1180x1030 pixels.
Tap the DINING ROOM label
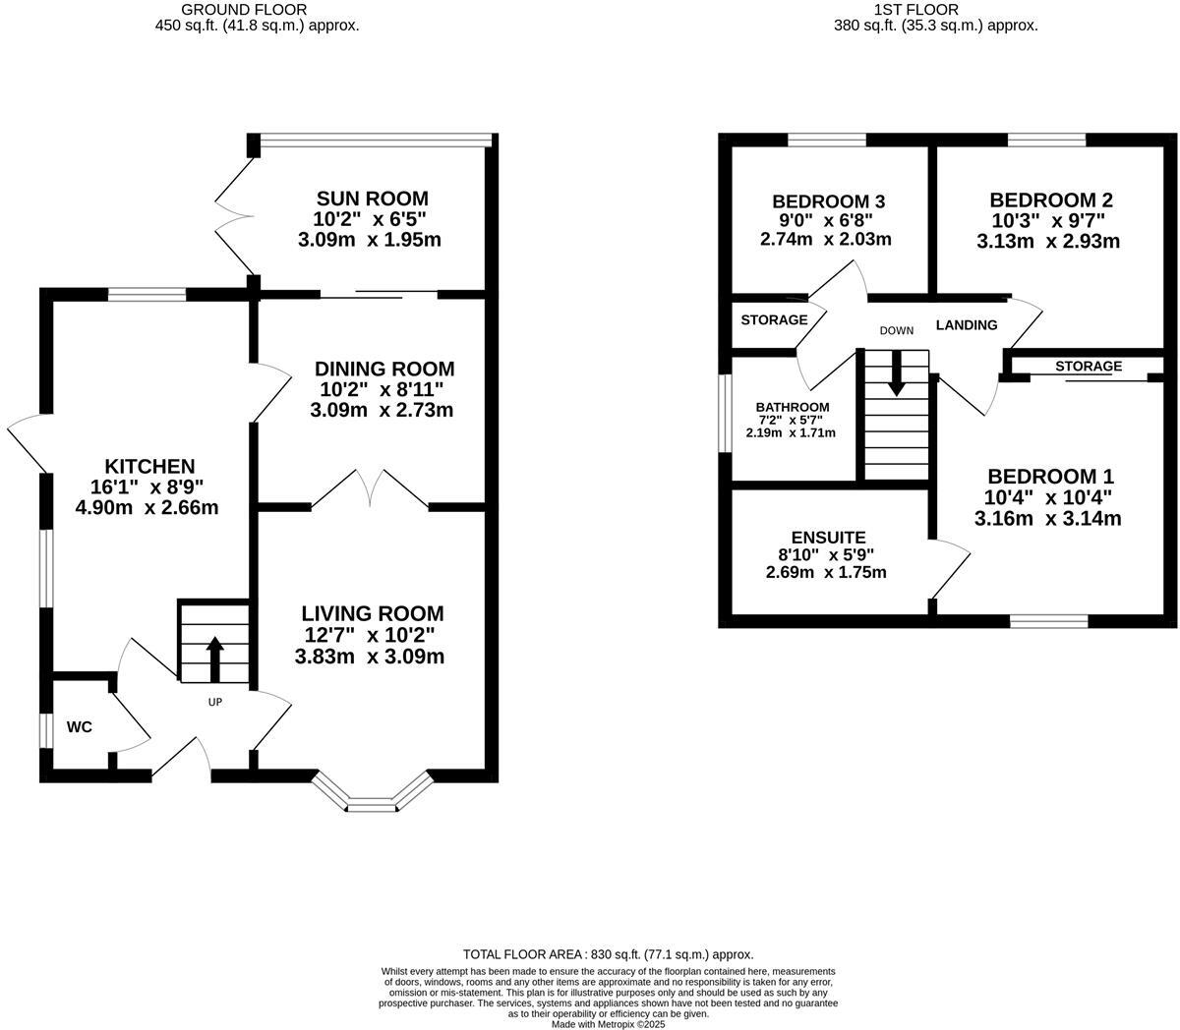click(384, 369)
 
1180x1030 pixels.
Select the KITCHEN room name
click(150, 466)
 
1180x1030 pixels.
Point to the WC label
click(80, 727)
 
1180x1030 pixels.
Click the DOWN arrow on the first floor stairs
click(896, 375)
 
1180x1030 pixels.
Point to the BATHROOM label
click(792, 407)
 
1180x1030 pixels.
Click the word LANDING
click(966, 325)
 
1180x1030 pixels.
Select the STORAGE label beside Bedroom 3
click(774, 319)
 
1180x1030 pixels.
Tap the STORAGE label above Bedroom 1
click(1089, 367)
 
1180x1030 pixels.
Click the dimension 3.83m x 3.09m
click(370, 657)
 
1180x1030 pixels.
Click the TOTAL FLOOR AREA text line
click(608, 954)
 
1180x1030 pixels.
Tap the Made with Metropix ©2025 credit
click(609, 1023)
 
